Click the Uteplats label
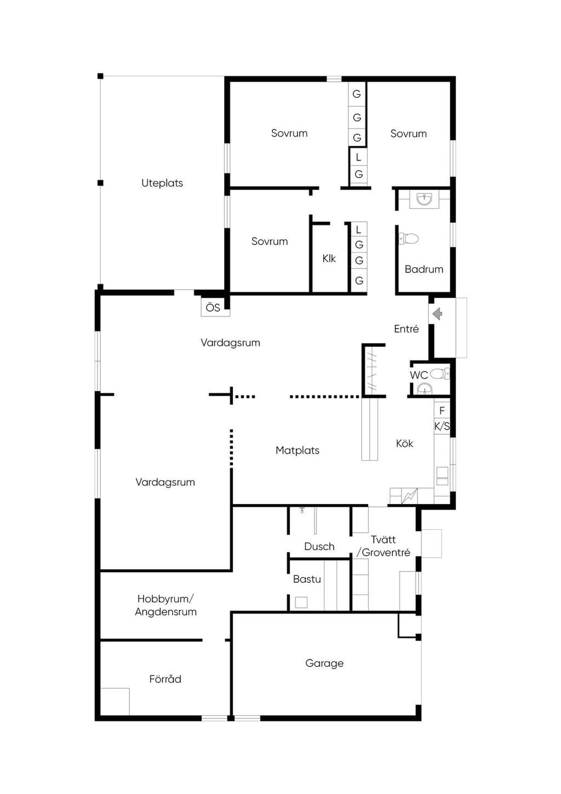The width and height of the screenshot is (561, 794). coord(162,183)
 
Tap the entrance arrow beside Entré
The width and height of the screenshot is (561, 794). coord(437,313)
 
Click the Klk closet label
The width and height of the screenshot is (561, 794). coord(329,259)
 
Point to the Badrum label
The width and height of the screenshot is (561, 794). coord(424,269)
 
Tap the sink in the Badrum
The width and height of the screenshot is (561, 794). coord(424,199)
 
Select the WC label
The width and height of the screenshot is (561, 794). coord(419,375)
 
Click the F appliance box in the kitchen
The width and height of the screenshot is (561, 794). coord(442,410)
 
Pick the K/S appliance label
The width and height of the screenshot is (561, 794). coord(442,426)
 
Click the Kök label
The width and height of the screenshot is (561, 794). coord(404,443)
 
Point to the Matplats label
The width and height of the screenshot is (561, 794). coord(297,450)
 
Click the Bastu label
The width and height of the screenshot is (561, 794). coord(307,579)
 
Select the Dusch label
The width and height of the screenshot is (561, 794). coord(319,546)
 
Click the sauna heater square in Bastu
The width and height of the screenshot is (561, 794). coord(301,602)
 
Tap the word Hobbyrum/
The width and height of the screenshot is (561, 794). coord(165,599)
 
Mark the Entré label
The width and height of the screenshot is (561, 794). coord(406,329)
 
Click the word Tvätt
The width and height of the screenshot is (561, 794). coord(383,540)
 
